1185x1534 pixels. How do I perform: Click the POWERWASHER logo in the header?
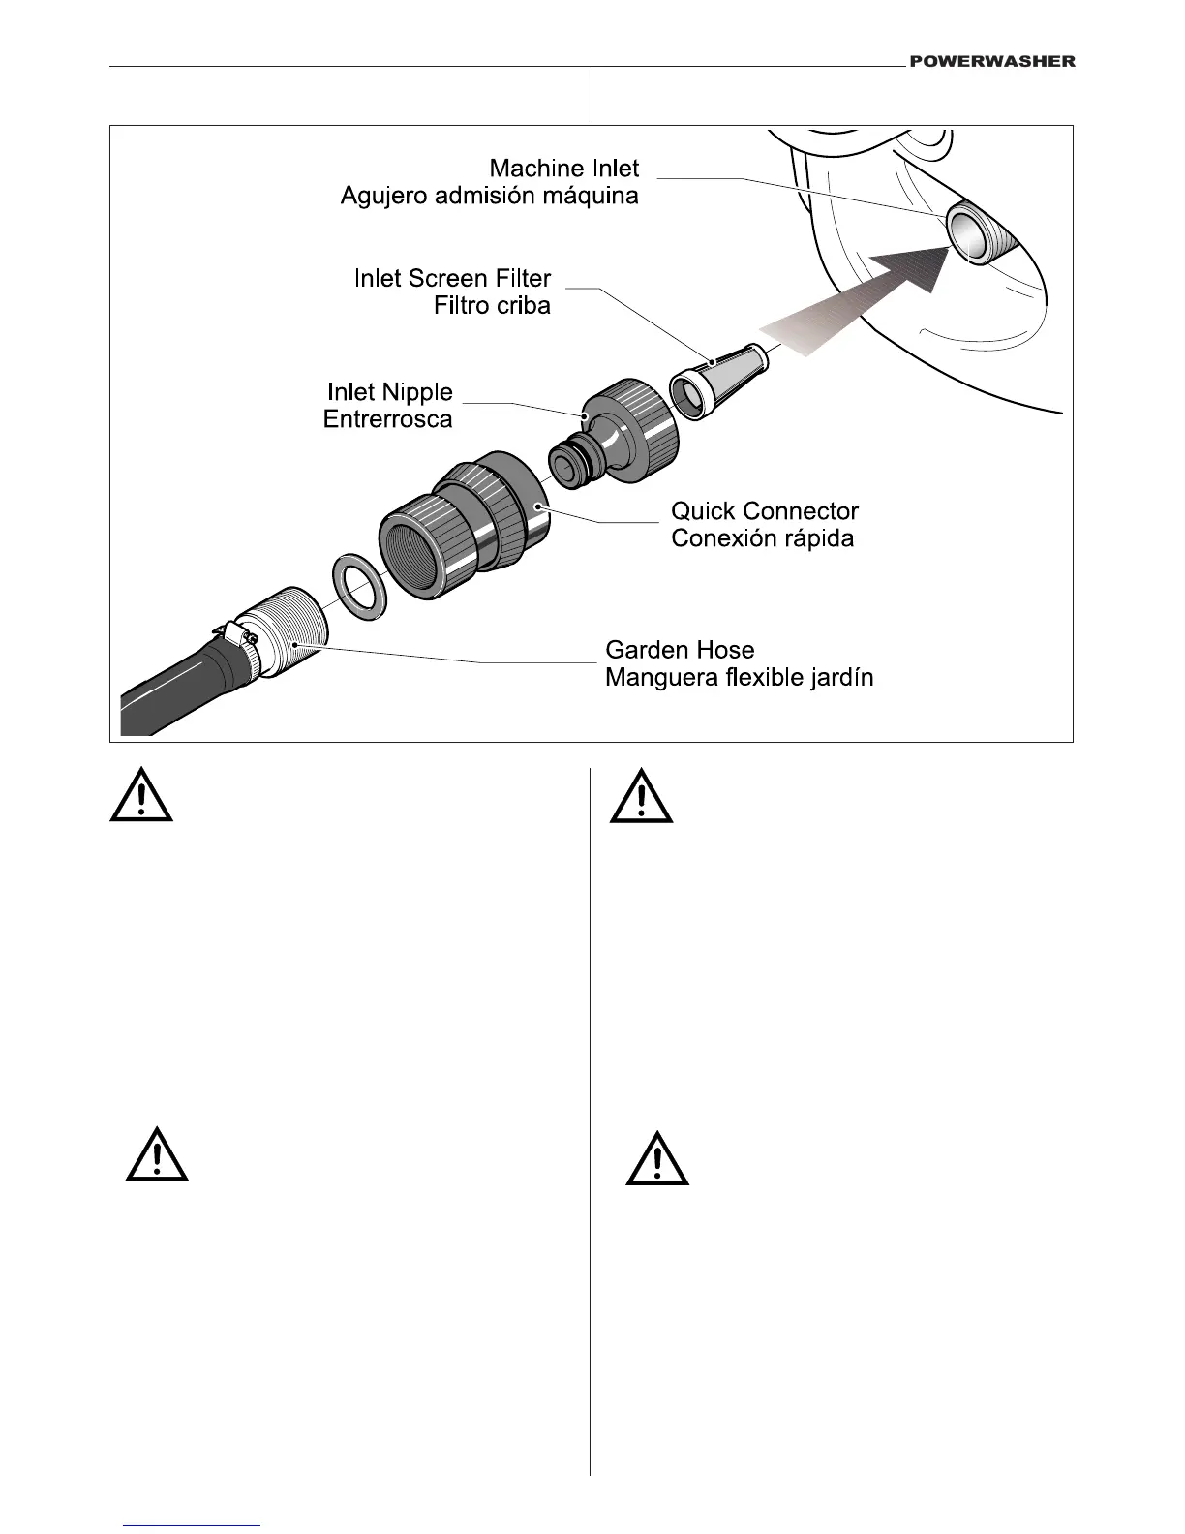[x=991, y=61]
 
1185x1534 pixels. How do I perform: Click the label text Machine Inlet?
[x=563, y=169]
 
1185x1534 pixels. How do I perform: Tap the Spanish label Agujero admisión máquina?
[x=489, y=196]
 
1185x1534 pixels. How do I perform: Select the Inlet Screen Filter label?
[x=452, y=279]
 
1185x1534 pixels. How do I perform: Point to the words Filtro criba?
[x=492, y=306]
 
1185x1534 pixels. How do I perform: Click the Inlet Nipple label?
[x=389, y=392]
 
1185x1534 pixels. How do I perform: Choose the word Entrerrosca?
[x=387, y=419]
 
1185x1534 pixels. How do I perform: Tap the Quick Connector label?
[x=764, y=511]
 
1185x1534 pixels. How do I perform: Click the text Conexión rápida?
[x=762, y=538]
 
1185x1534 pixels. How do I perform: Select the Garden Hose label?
[x=679, y=650]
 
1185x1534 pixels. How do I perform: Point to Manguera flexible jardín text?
[x=739, y=677]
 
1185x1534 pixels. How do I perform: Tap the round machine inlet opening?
[x=967, y=235]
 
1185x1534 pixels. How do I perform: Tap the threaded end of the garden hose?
[x=287, y=629]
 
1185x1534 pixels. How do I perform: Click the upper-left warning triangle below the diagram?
[x=141, y=796]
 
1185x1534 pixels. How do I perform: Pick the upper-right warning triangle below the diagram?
[x=641, y=797]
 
